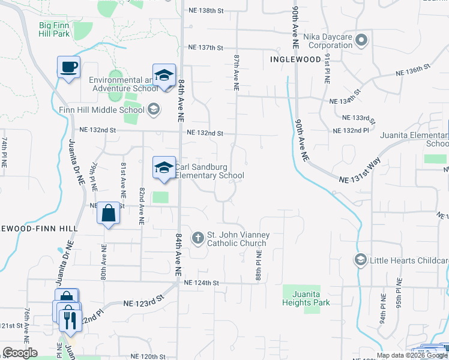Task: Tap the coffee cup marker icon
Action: click(x=68, y=67)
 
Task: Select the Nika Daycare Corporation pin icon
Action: click(x=361, y=41)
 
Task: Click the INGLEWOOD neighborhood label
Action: click(x=295, y=59)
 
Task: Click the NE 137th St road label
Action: click(x=205, y=47)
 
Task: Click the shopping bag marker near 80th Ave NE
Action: click(x=108, y=214)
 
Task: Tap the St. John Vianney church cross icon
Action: click(x=198, y=238)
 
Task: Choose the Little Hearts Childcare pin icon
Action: click(x=361, y=260)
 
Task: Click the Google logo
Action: click(x=20, y=353)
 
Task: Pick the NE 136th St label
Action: click(x=414, y=72)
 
